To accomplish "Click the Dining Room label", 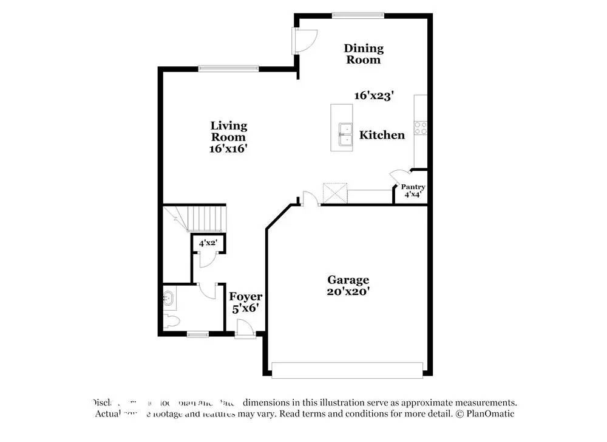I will pyautogui.click(x=364, y=54).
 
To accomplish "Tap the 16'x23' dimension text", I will pyautogui.click(x=375, y=95).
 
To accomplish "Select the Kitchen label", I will pyautogui.click(x=382, y=135).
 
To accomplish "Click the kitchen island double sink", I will pyautogui.click(x=345, y=135).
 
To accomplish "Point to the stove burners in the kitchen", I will pyautogui.click(x=420, y=128).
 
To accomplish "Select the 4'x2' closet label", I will pyautogui.click(x=208, y=243).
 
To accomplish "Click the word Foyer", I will pyautogui.click(x=245, y=297).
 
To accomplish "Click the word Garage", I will pyautogui.click(x=348, y=280).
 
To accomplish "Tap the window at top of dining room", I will pyautogui.click(x=358, y=15).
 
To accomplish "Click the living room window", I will pyautogui.click(x=229, y=68).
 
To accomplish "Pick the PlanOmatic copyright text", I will pyautogui.click(x=486, y=414).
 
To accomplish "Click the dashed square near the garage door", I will pyautogui.click(x=334, y=193).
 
